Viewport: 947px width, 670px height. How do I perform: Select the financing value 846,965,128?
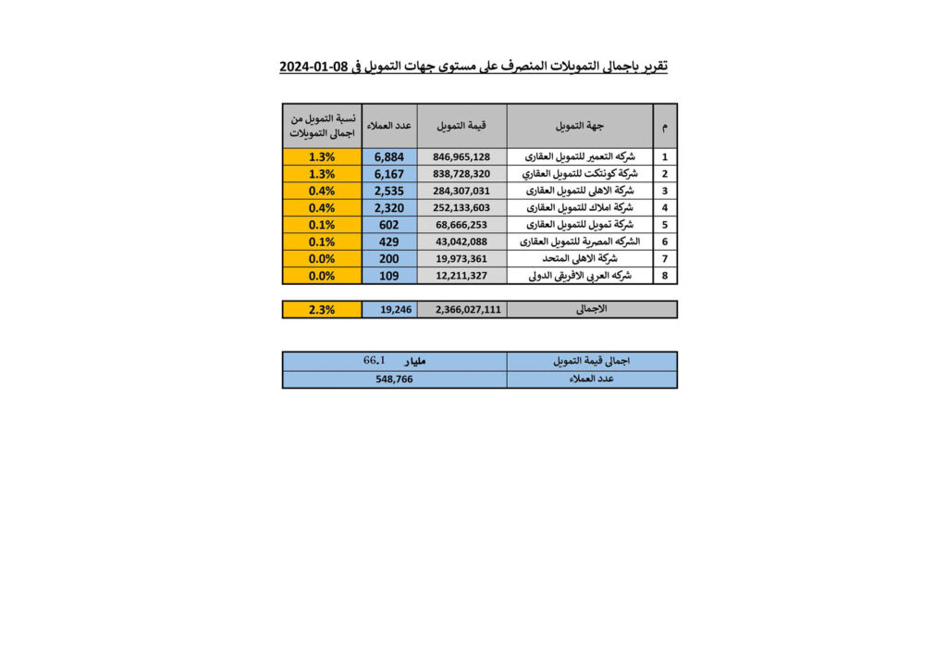(x=461, y=157)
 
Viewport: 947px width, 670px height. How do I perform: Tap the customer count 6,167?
(x=389, y=174)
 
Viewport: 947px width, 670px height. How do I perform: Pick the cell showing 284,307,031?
(x=461, y=191)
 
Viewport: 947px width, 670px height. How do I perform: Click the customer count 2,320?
(x=389, y=207)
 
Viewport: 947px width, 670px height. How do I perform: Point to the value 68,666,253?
(x=461, y=225)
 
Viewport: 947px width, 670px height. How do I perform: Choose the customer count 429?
(x=389, y=242)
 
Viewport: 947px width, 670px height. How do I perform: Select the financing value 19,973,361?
(x=461, y=258)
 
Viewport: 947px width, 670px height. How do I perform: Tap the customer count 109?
(x=389, y=275)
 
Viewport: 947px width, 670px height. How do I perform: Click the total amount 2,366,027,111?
(x=461, y=310)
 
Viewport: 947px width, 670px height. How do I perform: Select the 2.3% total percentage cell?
(x=322, y=310)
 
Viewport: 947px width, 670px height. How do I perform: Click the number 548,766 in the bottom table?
(x=394, y=379)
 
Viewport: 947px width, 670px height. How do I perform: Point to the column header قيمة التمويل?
(x=461, y=125)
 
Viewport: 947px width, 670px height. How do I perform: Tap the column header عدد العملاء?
(x=389, y=125)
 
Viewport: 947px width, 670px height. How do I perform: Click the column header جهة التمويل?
(x=579, y=125)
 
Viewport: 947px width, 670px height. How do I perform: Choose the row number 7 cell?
(x=664, y=258)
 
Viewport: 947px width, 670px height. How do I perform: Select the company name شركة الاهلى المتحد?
(x=579, y=258)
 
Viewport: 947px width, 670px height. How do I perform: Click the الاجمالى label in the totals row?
(x=592, y=309)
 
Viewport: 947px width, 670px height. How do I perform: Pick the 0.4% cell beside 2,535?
(x=322, y=191)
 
